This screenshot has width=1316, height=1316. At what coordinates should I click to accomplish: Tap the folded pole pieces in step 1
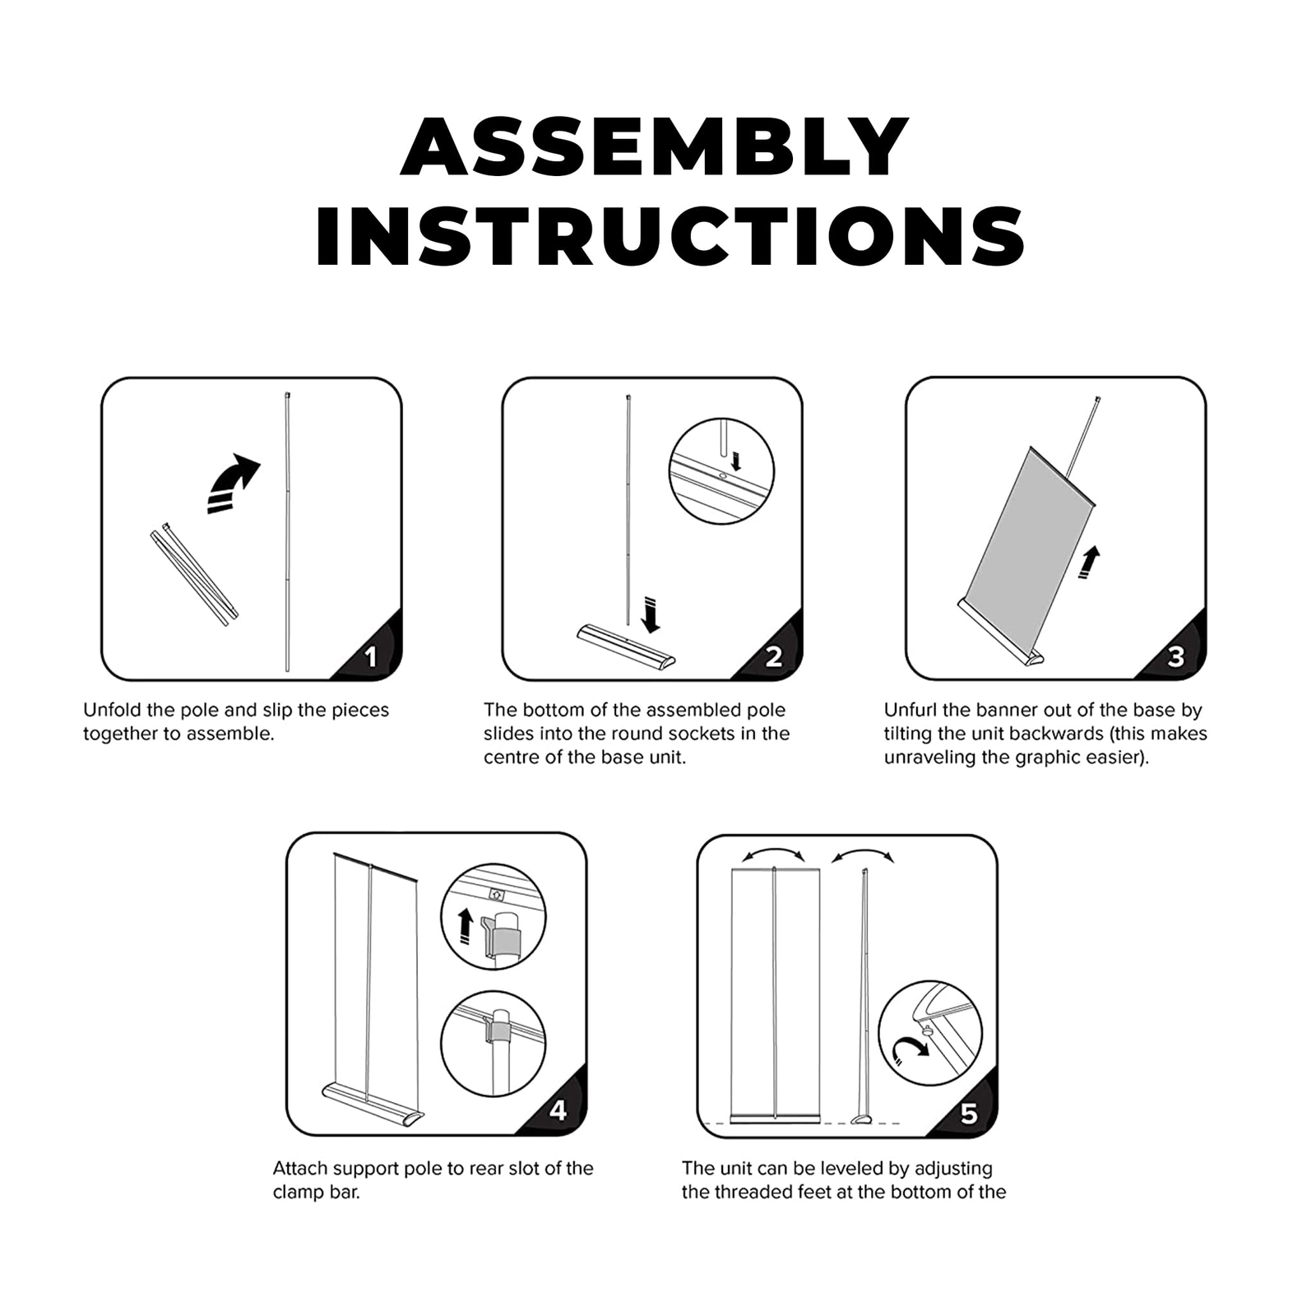[x=194, y=573]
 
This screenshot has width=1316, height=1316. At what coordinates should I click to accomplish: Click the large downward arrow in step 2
[x=651, y=615]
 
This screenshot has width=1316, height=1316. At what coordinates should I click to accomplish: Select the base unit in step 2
[x=625, y=646]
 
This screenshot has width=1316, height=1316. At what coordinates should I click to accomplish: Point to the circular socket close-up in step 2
[x=721, y=470]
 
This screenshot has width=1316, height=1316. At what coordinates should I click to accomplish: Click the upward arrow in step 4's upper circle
[x=466, y=925]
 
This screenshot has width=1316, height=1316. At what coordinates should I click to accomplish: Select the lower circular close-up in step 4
[x=493, y=1043]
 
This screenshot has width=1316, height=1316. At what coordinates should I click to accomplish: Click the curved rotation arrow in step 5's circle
[x=910, y=1050]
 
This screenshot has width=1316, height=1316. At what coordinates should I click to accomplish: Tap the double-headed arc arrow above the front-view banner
[x=773, y=853]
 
